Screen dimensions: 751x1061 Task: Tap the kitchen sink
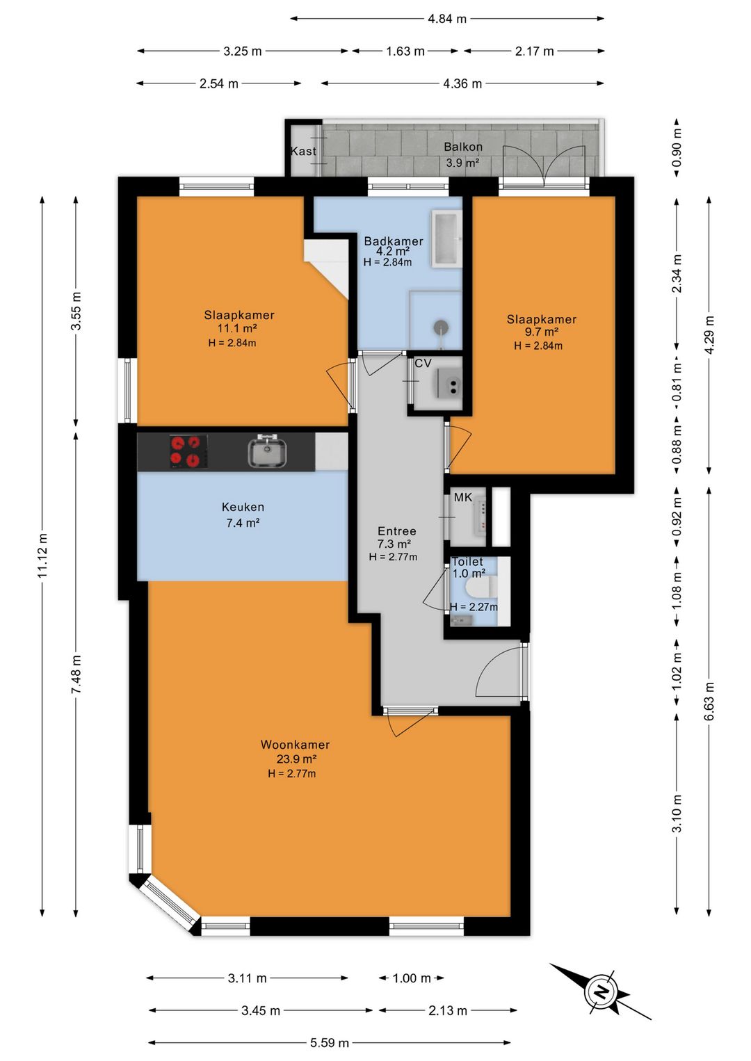pyautogui.click(x=267, y=451)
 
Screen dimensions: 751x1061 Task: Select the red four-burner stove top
pyautogui.click(x=188, y=451)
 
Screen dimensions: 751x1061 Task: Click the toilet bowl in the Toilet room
pyautogui.click(x=481, y=588)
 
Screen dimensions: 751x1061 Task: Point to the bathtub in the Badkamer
pyautogui.click(x=446, y=238)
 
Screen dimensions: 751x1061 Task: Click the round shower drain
pyautogui.click(x=441, y=327)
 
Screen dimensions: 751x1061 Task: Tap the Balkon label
pyautogui.click(x=463, y=147)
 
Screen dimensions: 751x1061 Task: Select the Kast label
pyautogui.click(x=303, y=151)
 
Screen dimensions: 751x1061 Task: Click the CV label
pyautogui.click(x=423, y=364)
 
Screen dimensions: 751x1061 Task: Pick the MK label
pyautogui.click(x=463, y=497)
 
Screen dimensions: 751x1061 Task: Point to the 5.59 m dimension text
pyautogui.click(x=330, y=1042)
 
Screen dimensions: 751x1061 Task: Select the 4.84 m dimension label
pyautogui.click(x=447, y=19)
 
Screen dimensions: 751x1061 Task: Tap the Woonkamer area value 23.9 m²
pyautogui.click(x=297, y=759)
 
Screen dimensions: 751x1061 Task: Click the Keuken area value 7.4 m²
pyautogui.click(x=243, y=523)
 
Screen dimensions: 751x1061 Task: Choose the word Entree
pyautogui.click(x=396, y=531)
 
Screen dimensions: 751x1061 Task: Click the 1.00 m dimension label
pyautogui.click(x=412, y=978)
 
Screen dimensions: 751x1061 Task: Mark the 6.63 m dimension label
pyautogui.click(x=709, y=701)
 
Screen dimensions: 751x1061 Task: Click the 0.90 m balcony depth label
pyautogui.click(x=677, y=148)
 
